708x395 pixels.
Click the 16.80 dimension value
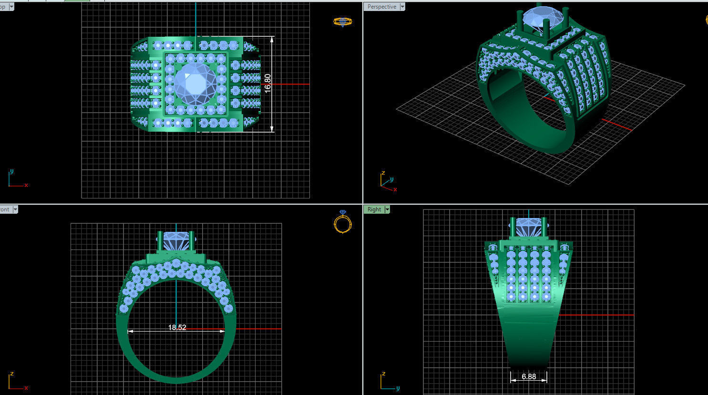pyautogui.click(x=268, y=83)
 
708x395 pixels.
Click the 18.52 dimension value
pyautogui.click(x=177, y=328)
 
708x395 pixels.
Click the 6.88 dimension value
pyautogui.click(x=528, y=376)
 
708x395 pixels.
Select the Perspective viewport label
pyautogui.click(x=381, y=7)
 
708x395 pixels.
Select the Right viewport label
pyautogui.click(x=374, y=209)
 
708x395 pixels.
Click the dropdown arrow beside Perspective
pyautogui.click(x=402, y=7)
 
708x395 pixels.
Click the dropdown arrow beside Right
pyautogui.click(x=387, y=209)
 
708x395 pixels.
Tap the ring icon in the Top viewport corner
pyautogui.click(x=342, y=21)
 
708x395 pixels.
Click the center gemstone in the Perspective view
pyautogui.click(x=544, y=17)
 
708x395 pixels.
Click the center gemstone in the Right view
pyautogui.click(x=528, y=227)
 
